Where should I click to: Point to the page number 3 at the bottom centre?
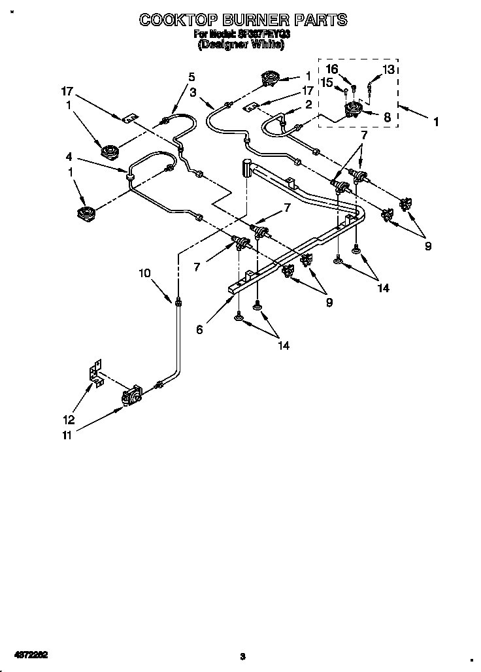(x=241, y=656)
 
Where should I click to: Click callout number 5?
(x=191, y=76)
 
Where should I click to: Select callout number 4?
(x=69, y=157)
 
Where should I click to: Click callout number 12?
(x=69, y=420)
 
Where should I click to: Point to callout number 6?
(x=199, y=330)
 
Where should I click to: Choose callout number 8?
(x=387, y=118)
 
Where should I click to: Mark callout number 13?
(x=388, y=69)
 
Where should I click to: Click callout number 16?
(x=332, y=69)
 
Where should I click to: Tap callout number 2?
(x=308, y=104)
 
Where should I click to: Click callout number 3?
(x=193, y=92)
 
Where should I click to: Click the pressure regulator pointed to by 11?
(x=131, y=395)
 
